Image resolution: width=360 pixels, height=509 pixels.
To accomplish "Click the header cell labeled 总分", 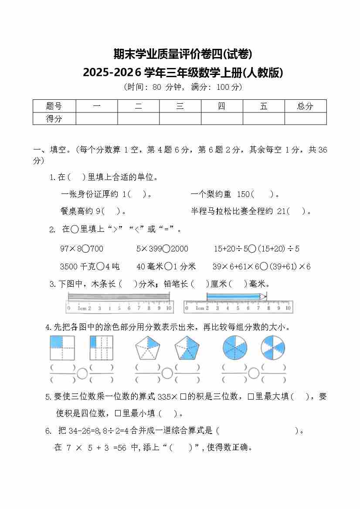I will [305, 106].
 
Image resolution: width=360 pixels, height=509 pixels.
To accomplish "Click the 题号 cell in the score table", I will [54, 106].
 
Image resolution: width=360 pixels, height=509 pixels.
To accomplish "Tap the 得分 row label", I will [54, 119].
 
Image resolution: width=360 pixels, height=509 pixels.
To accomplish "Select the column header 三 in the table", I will [180, 106].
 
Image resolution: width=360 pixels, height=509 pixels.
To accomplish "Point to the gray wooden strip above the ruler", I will [119, 296].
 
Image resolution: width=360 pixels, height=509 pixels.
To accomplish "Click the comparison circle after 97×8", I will [85, 249].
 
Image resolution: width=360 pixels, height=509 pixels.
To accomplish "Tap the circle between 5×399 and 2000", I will [166, 249].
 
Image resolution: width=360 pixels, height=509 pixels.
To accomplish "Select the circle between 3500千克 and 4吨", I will [100, 266].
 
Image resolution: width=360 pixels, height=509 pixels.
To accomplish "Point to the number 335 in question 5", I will [164, 397].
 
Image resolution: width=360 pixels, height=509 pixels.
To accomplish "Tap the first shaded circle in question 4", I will [234, 348].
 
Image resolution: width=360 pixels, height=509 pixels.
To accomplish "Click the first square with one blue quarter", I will [62, 348].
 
